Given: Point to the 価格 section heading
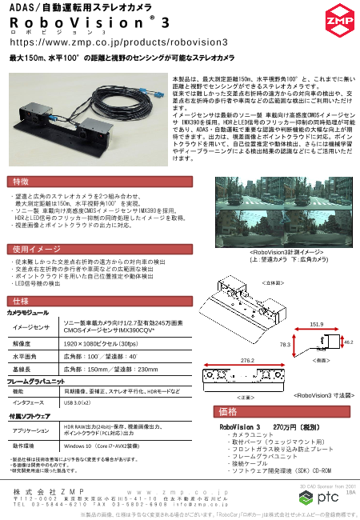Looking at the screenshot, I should coord(228,412).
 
